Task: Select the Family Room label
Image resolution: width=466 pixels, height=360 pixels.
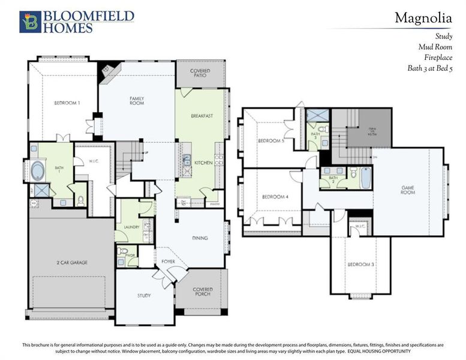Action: coord(137,101)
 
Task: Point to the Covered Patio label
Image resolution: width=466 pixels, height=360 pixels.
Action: coord(200,74)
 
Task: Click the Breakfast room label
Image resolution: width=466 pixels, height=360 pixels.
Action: coord(202,115)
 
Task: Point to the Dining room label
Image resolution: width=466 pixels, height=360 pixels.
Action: coord(200,238)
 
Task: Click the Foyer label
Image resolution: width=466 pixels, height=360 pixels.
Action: coord(168,262)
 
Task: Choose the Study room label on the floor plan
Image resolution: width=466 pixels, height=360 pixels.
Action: coord(144,295)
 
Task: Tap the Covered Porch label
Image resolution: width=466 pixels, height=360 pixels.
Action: coord(203,292)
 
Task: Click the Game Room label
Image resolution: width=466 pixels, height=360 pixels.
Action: coord(408,190)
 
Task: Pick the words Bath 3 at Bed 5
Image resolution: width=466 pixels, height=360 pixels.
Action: coord(428,68)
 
